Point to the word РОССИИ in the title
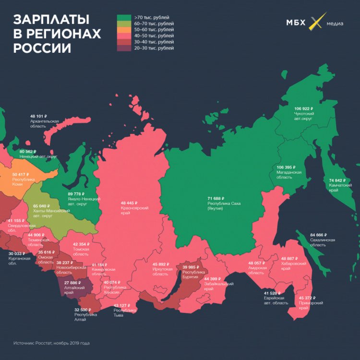click(42, 48)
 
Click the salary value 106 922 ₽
click(303, 109)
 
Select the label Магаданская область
click(289, 174)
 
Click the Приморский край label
click(311, 305)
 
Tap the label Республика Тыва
click(125, 313)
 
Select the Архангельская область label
click(44, 124)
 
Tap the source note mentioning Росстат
click(51, 343)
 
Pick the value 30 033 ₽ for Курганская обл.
click(19, 254)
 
